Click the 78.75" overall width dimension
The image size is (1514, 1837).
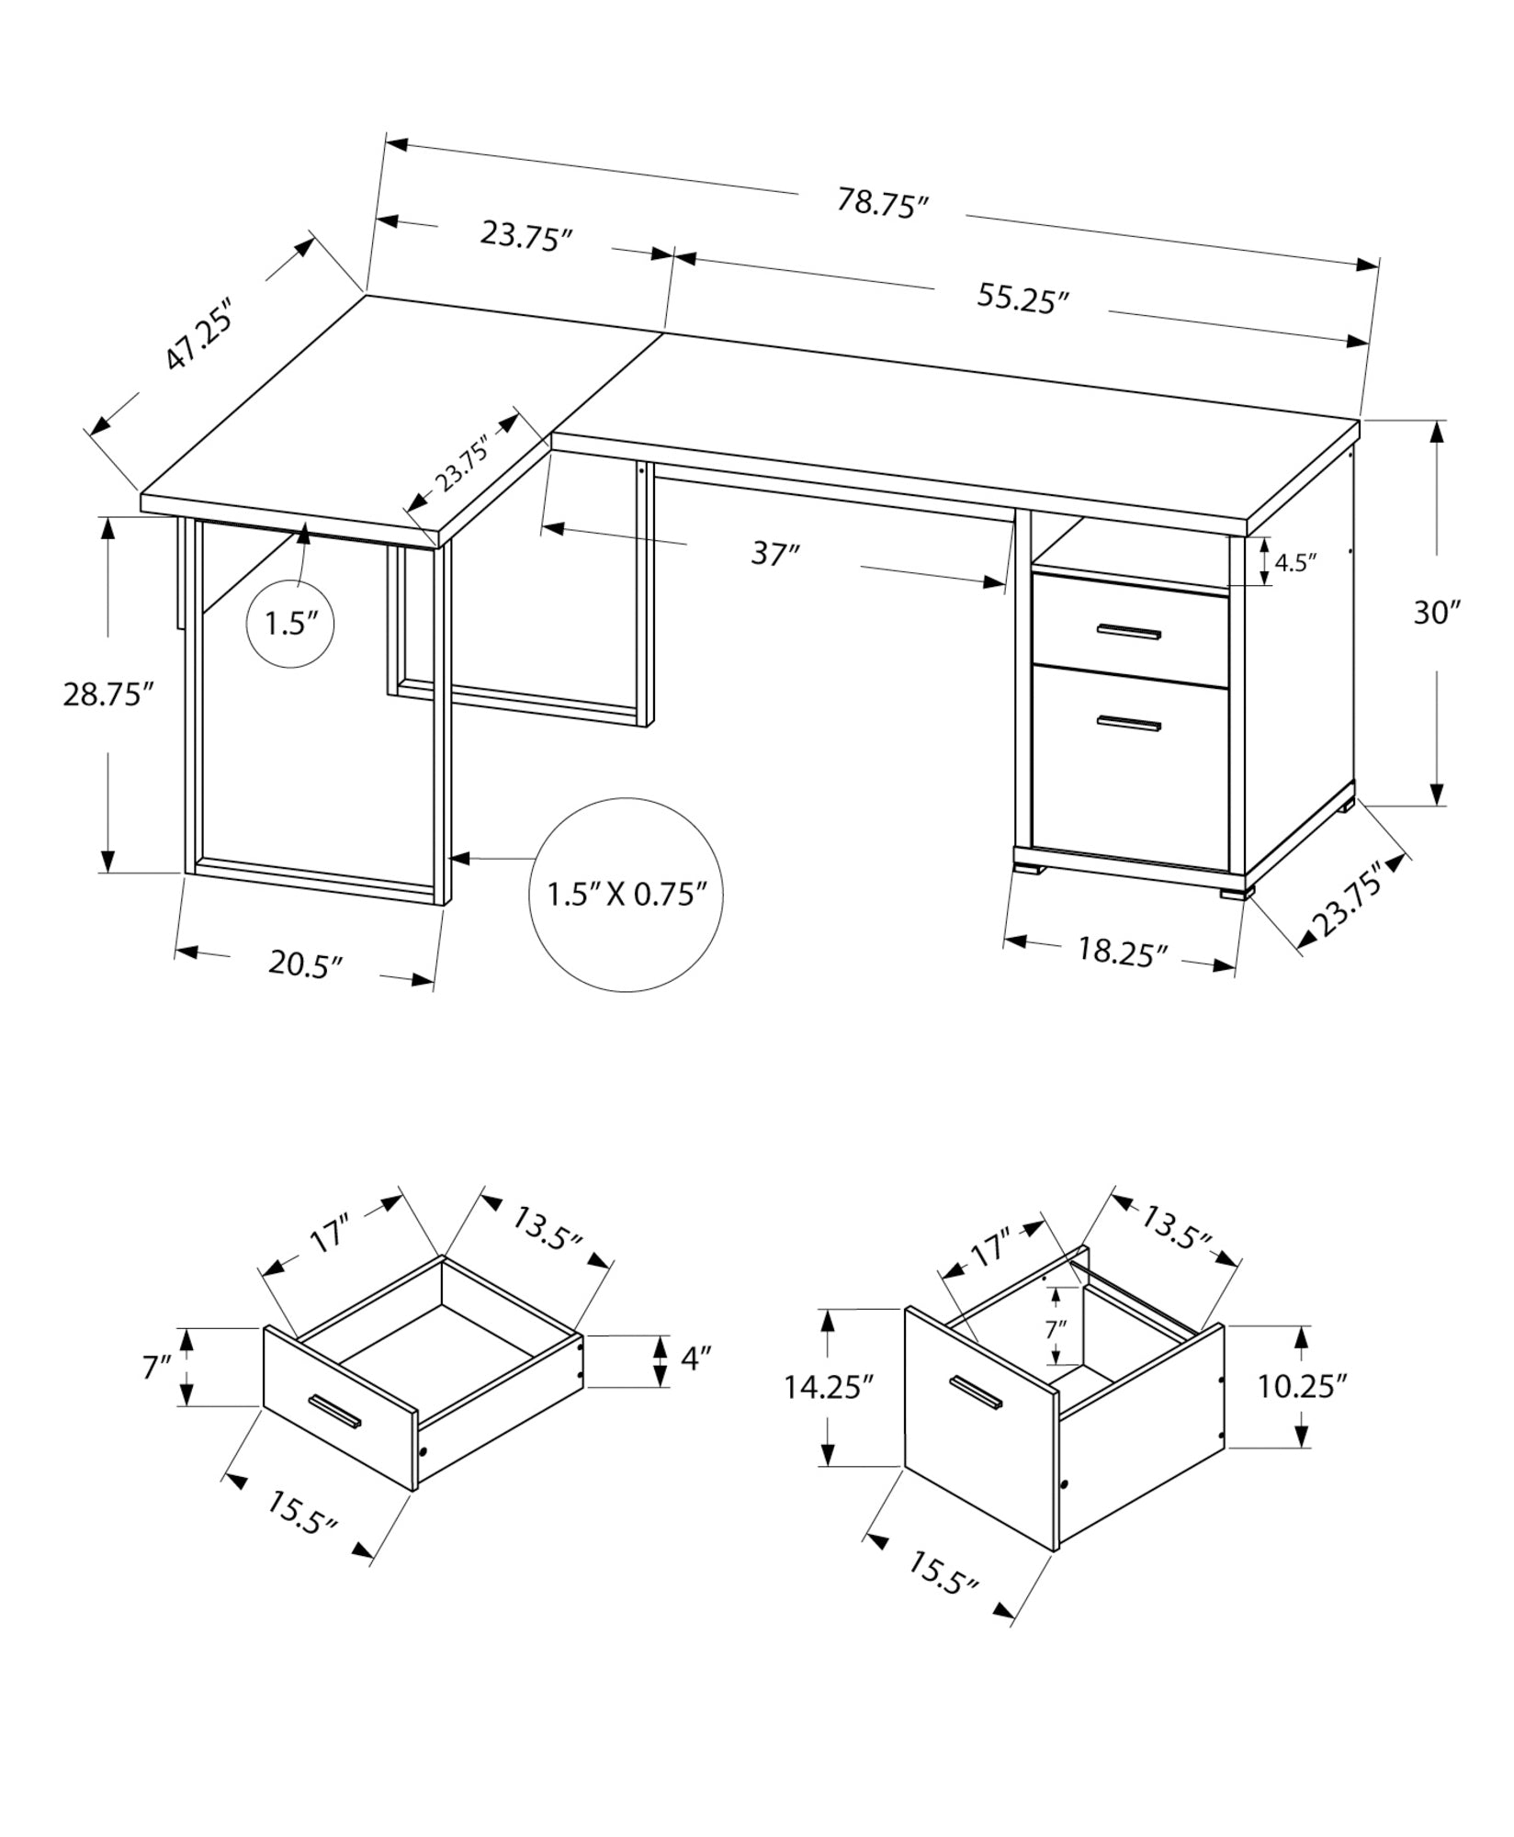877,204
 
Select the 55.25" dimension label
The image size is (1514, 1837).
1023,299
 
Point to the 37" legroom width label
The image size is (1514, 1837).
775,555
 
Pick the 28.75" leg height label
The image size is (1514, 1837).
107,694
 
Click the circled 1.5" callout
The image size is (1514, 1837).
290,625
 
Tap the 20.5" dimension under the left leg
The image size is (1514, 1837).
305,964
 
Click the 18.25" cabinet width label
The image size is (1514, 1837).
1122,952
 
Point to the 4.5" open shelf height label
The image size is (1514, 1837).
1296,562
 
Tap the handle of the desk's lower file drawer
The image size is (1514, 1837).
1128,723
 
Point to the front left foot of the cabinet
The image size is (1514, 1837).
1030,864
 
